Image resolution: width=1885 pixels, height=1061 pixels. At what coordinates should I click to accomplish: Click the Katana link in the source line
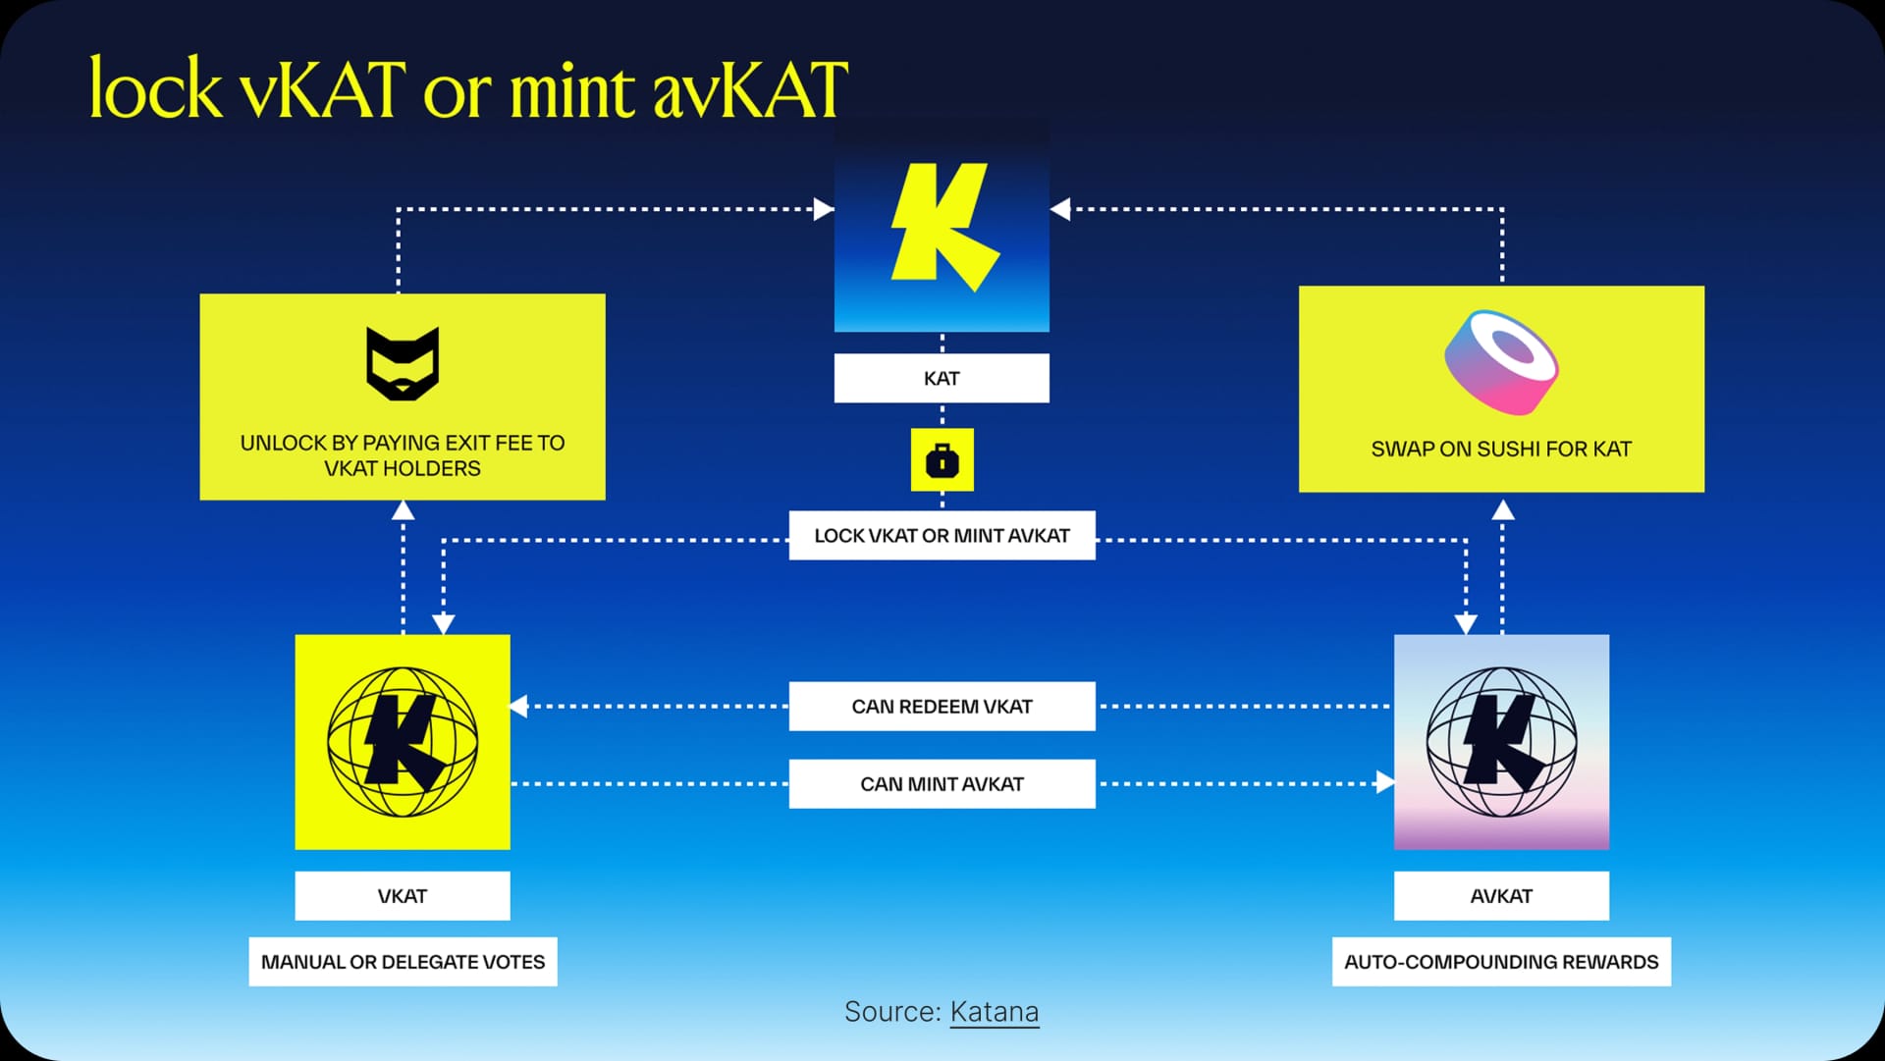coord(994,1012)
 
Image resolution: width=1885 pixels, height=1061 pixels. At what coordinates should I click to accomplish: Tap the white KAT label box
coord(942,379)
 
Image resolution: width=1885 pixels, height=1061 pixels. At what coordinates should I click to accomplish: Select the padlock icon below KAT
coord(942,459)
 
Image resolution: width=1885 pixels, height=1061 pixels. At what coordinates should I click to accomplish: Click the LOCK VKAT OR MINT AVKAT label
coord(942,536)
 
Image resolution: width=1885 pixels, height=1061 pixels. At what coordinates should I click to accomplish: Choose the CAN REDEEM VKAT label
coord(942,707)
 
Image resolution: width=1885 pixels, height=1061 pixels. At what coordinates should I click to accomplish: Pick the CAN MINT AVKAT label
coord(942,784)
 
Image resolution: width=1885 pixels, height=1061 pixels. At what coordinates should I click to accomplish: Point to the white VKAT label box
coord(403,896)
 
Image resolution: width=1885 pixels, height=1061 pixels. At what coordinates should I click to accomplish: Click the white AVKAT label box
coord(1501,896)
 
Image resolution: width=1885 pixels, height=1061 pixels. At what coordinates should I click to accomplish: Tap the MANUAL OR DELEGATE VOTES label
coord(403,962)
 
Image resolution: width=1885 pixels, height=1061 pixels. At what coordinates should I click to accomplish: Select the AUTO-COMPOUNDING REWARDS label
coord(1501,962)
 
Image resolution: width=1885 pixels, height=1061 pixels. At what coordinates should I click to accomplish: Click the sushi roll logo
coord(1501,362)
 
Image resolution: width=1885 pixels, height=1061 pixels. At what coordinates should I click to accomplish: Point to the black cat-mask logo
coord(403,363)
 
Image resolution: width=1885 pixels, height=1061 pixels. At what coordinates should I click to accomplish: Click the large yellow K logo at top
coord(942,226)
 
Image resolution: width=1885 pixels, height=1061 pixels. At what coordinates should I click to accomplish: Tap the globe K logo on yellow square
coord(403,742)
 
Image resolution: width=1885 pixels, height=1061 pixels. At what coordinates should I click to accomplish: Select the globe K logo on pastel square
coord(1501,742)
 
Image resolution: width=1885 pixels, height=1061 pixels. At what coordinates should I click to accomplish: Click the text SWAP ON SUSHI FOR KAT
coord(1501,450)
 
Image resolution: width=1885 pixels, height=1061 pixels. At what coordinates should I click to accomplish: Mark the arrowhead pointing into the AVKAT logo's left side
coord(1385,782)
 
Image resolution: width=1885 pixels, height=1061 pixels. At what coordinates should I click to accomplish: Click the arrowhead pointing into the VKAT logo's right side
coord(517,706)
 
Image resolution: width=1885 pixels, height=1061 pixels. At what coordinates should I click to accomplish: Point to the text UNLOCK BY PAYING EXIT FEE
coord(403,444)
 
